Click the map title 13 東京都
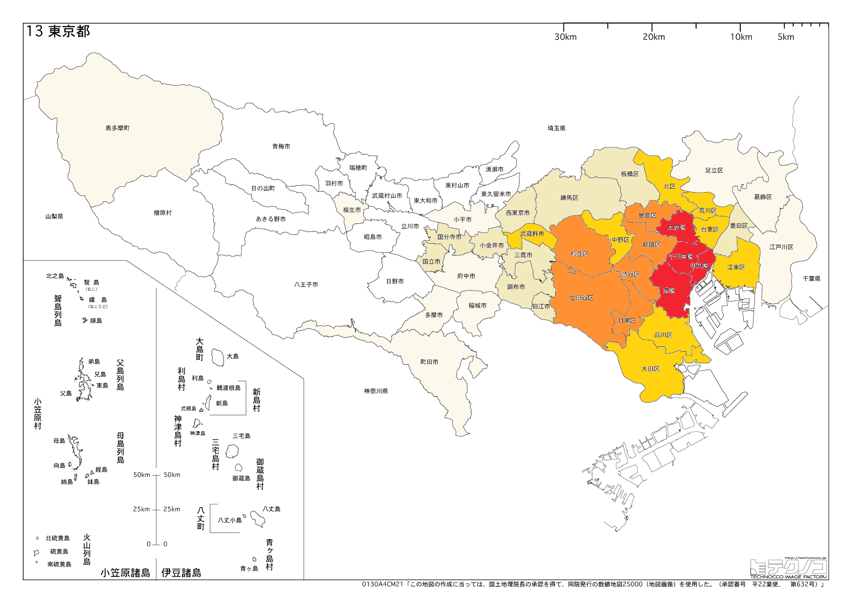pos(58,32)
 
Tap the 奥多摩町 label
pos(118,128)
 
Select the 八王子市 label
pos(306,284)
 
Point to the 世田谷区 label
pos(581,298)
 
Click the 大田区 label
pos(650,369)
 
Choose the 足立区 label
pos(714,170)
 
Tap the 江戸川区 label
pos(781,247)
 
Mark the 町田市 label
pos(429,362)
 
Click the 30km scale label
pos(565,37)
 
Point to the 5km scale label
pos(785,37)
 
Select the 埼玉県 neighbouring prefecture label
pos(557,128)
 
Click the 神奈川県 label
pos(376,391)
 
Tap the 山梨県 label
pos(54,216)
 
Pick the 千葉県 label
pos(811,279)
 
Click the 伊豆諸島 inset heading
pos(181,573)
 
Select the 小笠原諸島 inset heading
pos(125,573)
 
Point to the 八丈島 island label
pos(271,509)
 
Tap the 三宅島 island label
pos(241,436)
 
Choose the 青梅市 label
pos(281,146)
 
